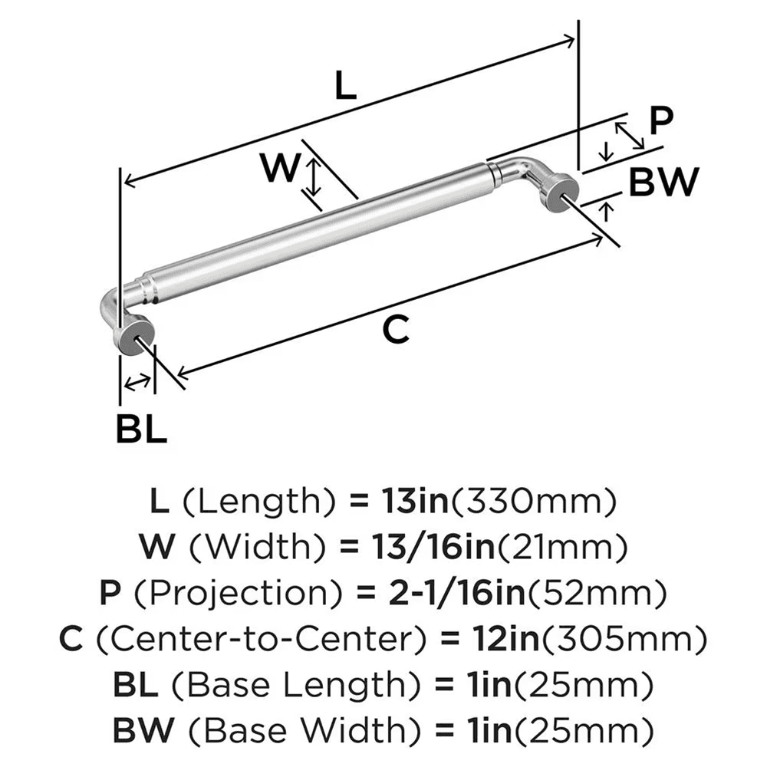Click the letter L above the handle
pyautogui.click(x=346, y=86)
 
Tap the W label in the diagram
pyautogui.click(x=277, y=168)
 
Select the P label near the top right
pyautogui.click(x=660, y=120)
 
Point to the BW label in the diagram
pyautogui.click(x=664, y=183)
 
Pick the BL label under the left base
pyautogui.click(x=141, y=430)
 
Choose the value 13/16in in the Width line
pyautogui.click(x=433, y=548)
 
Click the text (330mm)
pyautogui.click(x=534, y=502)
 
